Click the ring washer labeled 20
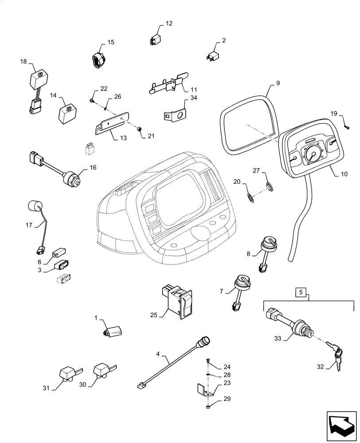coord(251,197)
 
